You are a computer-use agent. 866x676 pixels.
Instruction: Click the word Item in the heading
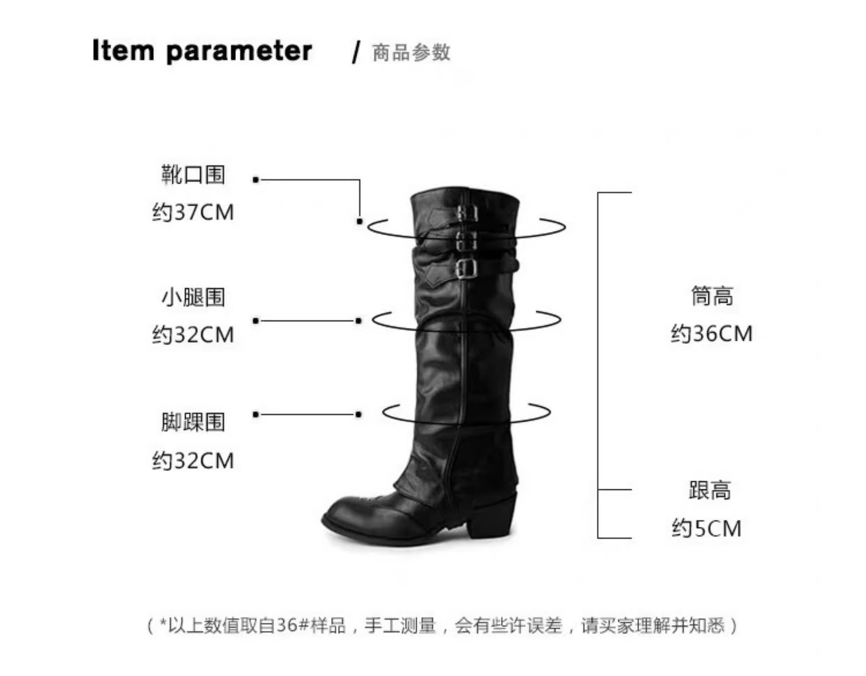coord(123,51)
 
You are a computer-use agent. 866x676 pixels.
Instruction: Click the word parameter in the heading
coord(239,51)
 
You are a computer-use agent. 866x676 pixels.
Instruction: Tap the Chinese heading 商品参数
coord(411,52)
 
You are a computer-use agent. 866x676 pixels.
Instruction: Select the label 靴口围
coord(193,175)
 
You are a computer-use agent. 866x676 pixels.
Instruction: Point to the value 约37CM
coord(193,212)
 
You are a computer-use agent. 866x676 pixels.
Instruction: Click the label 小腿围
coord(193,297)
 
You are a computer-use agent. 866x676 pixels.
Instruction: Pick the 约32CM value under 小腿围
coord(193,335)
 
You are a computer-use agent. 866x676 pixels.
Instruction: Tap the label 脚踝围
coord(193,422)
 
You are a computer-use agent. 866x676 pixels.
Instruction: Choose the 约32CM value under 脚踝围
coord(193,461)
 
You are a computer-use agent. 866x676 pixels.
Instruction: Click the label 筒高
coord(712,296)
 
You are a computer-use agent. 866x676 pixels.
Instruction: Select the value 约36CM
coord(712,334)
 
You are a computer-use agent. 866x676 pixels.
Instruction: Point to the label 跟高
coord(709,491)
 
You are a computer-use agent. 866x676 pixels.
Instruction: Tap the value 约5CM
coord(706,528)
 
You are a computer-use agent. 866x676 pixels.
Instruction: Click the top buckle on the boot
coord(467,213)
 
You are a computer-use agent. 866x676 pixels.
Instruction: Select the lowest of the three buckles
coord(466,269)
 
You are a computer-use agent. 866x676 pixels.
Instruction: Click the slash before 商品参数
coord(356,52)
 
